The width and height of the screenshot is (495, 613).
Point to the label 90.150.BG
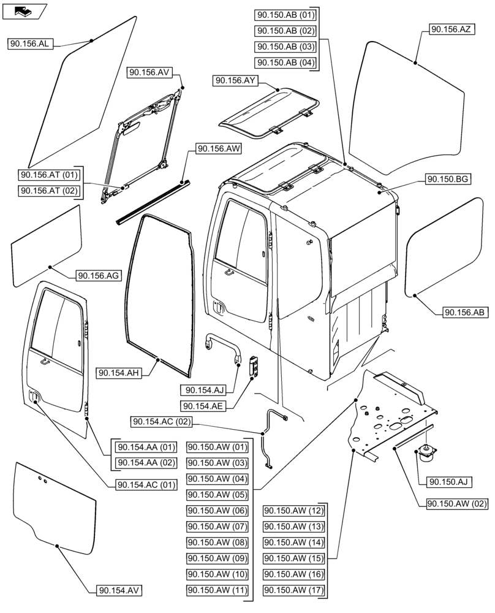click(x=448, y=180)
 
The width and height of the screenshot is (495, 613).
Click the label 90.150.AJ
click(x=450, y=482)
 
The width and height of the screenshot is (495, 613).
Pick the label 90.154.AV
click(x=119, y=590)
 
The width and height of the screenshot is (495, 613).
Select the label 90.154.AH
click(x=119, y=373)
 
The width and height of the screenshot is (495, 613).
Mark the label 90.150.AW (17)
click(x=293, y=590)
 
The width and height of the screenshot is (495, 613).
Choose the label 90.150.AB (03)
click(x=285, y=47)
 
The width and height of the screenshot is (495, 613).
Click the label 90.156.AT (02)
click(x=50, y=191)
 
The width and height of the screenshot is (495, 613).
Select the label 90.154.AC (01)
click(x=146, y=484)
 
